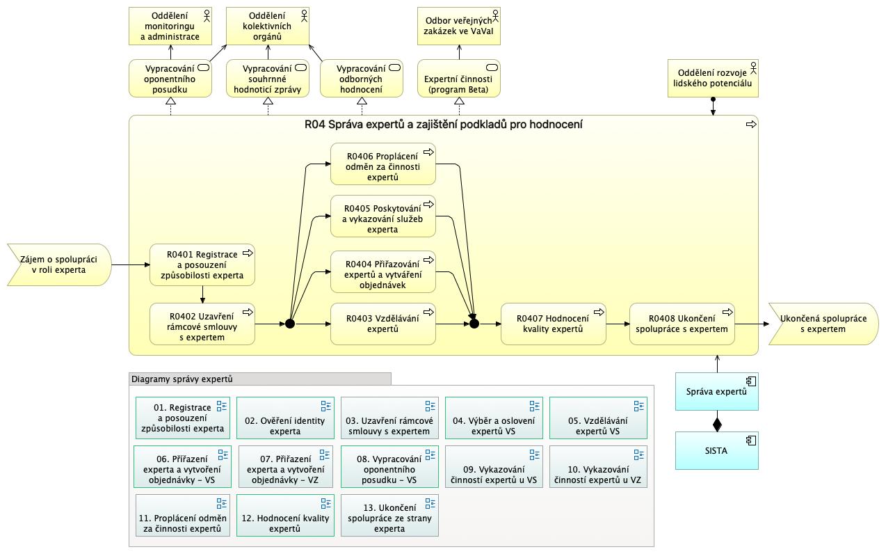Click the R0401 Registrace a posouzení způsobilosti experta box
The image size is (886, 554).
click(202, 265)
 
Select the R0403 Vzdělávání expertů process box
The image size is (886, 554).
click(382, 324)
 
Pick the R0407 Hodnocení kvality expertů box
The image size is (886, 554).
click(553, 324)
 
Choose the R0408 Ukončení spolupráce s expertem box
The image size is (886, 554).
click(682, 324)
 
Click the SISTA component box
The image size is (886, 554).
click(716, 450)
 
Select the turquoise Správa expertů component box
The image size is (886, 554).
click(716, 391)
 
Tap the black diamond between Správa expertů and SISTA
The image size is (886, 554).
click(716, 422)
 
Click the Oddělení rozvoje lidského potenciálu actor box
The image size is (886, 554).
click(713, 78)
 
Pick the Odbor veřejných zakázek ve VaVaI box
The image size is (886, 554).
click(459, 25)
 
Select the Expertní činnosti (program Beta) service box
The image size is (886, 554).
click(459, 78)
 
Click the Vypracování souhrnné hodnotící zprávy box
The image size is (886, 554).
click(268, 78)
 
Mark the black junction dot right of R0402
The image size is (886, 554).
click(290, 324)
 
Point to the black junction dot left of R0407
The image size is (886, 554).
click(474, 324)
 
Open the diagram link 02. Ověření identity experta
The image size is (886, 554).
click(285, 418)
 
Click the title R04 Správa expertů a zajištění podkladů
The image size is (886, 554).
click(443, 125)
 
